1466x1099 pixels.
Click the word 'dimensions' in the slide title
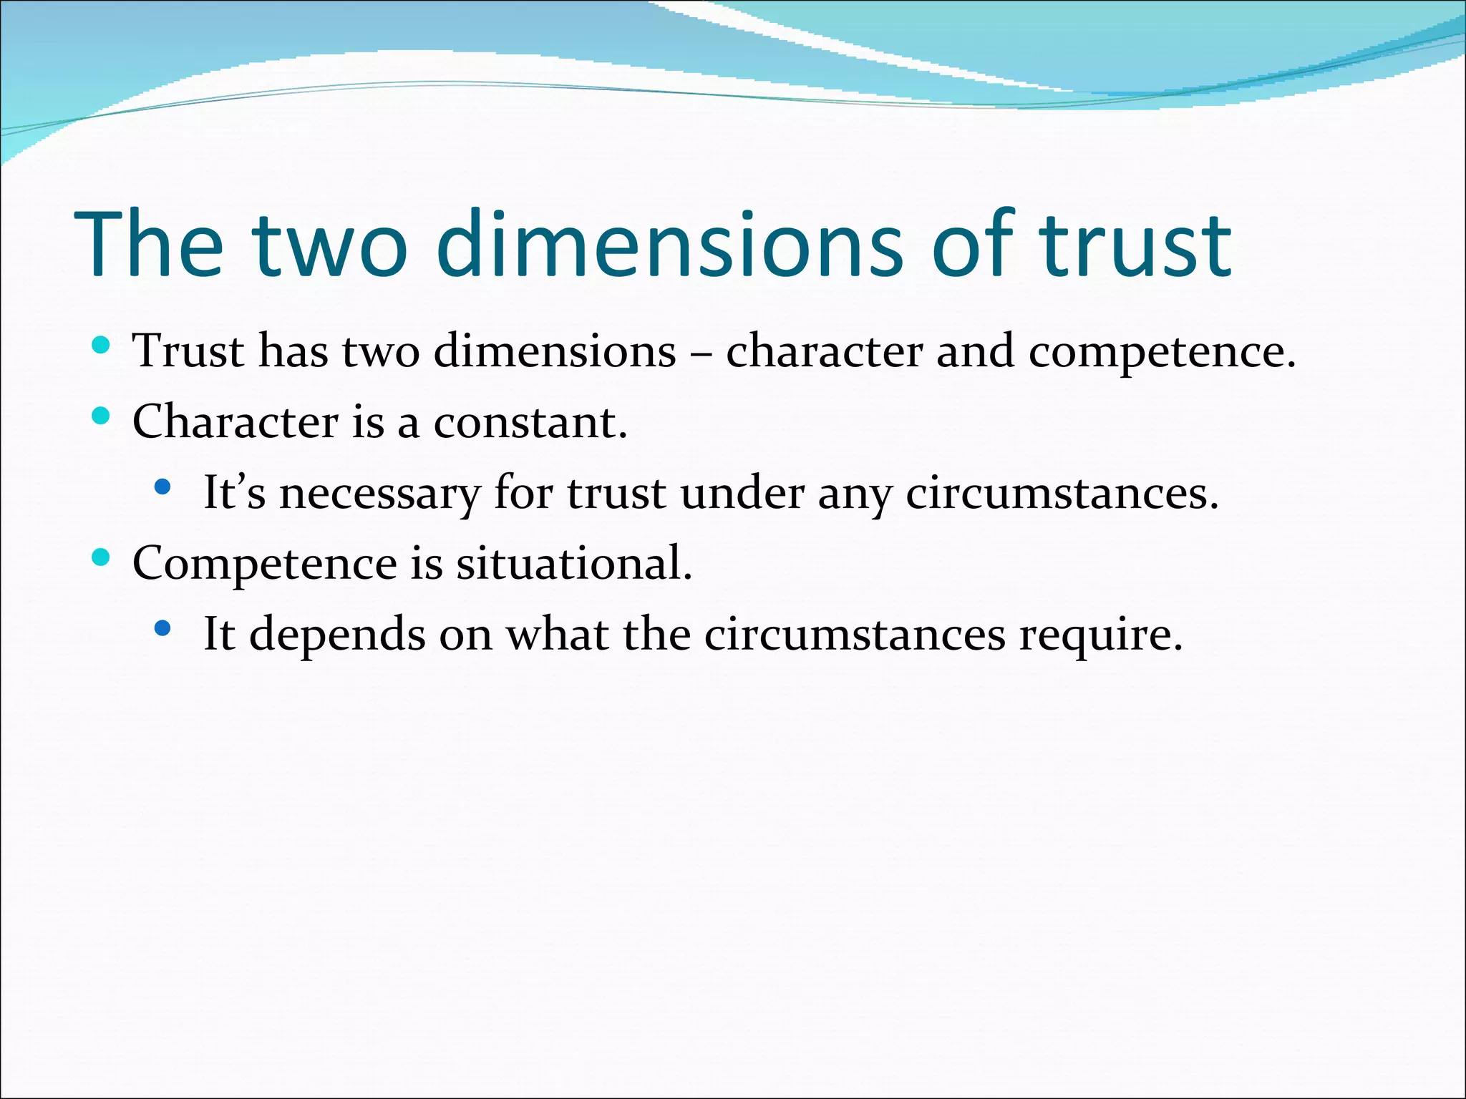669,245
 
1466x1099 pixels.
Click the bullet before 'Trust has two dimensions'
101,346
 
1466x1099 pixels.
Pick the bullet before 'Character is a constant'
101,416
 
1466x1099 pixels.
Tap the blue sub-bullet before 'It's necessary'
162,487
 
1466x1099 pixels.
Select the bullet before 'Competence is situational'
101,557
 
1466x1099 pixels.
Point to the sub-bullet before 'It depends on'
162,628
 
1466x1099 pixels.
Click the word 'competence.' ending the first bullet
1162,352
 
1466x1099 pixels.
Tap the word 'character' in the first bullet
824,352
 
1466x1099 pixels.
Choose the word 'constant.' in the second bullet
530,422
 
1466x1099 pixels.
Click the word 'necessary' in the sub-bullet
379,494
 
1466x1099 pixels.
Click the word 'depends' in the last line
337,635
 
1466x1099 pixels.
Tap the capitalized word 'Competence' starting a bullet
264,563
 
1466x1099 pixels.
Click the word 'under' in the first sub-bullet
742,493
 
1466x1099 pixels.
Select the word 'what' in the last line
557,634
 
